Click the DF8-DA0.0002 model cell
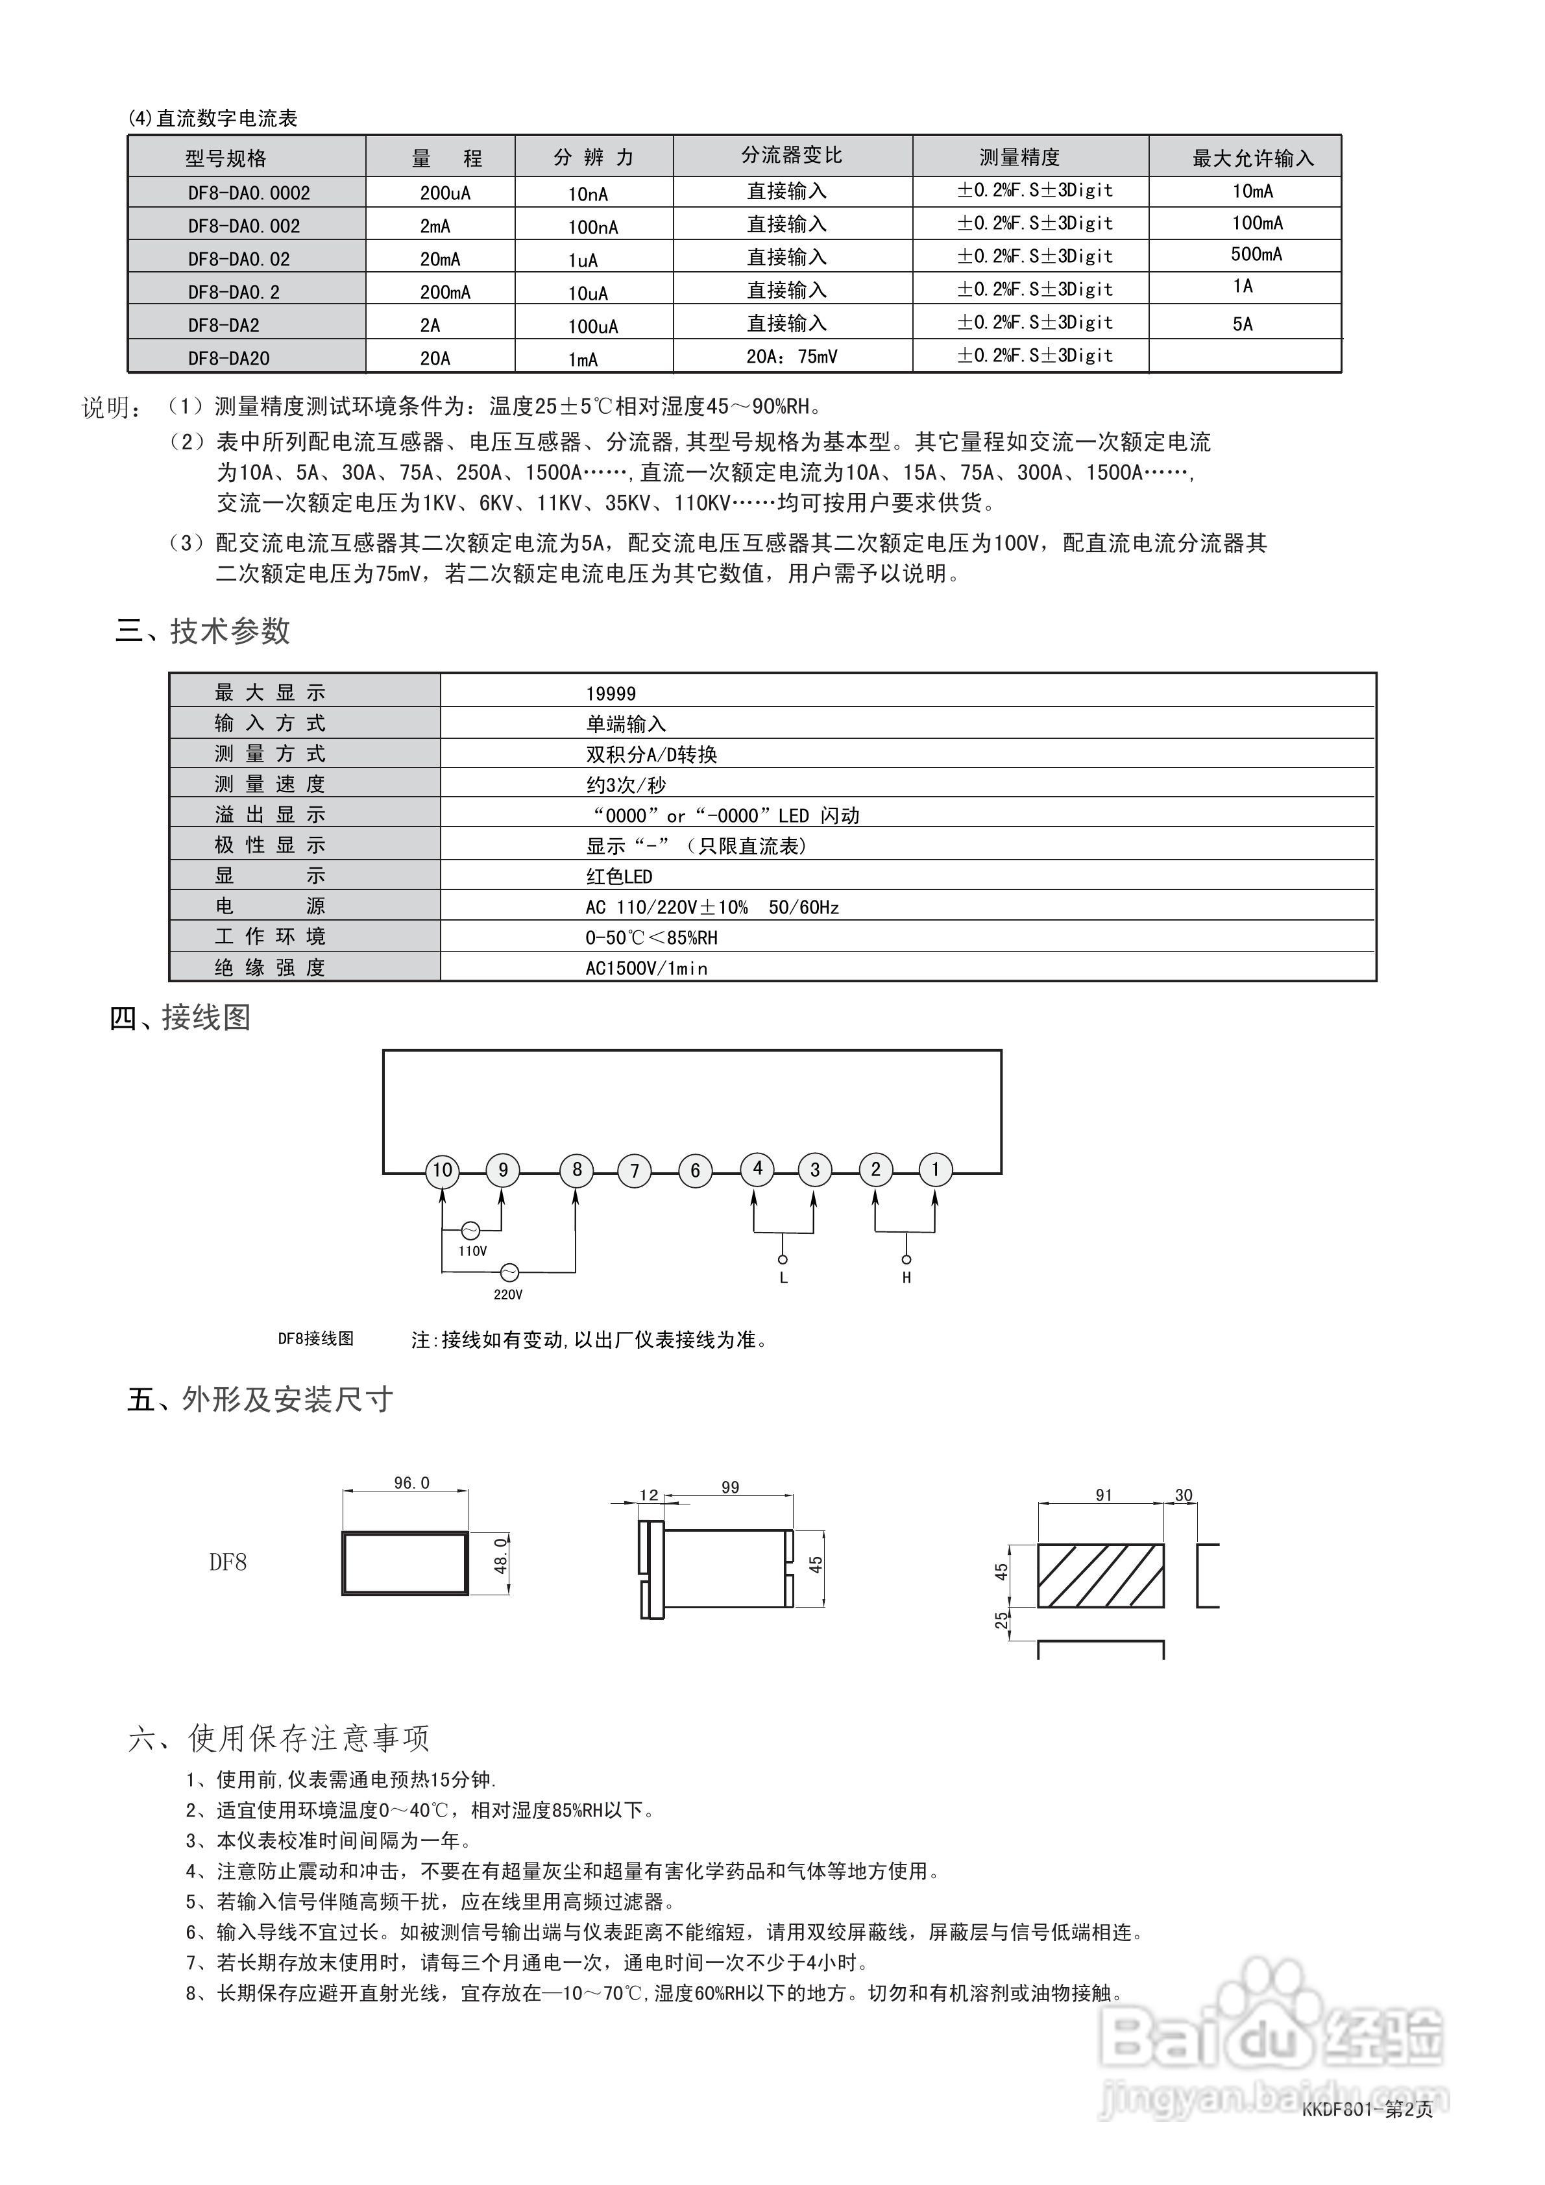coord(249,193)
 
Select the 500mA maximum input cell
coord(1256,254)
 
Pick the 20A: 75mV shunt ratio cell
coord(791,357)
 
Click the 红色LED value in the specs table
coord(619,876)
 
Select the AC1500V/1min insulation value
coord(646,968)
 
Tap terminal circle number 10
coord(443,1170)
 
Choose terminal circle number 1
coord(935,1170)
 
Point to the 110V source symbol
coord(469,1231)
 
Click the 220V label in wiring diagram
coord(507,1294)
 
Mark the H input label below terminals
coord(906,1278)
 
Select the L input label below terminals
coord(783,1278)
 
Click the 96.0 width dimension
coord(411,1482)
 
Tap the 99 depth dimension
coord(730,1488)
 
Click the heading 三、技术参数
coord(202,631)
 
